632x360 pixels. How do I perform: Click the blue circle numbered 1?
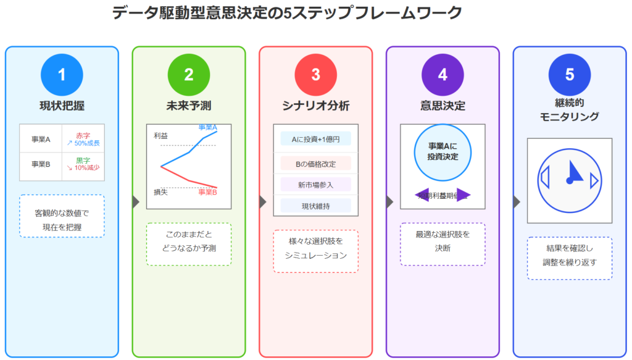coord(62,75)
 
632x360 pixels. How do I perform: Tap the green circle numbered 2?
coord(189,75)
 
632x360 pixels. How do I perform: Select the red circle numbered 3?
coord(315,75)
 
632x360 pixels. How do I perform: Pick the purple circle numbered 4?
coord(443,75)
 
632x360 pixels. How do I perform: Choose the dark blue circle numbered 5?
coord(570,75)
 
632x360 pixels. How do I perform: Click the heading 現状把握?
coord(62,106)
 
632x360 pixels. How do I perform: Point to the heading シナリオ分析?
coord(315,106)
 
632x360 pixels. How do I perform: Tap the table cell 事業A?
coord(41,139)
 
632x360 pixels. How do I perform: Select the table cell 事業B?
coord(41,165)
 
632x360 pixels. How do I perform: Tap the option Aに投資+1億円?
coord(315,139)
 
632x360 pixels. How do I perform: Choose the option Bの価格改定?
coord(315,164)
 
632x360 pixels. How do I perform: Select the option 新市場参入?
coord(315,184)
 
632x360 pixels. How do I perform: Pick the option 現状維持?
coord(315,206)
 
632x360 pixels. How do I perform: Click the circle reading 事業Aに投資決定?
coord(443,152)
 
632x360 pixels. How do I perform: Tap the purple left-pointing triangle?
coord(422,195)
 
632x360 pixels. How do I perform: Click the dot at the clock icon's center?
coord(569,180)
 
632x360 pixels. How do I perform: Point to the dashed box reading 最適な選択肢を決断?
coord(443,244)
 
